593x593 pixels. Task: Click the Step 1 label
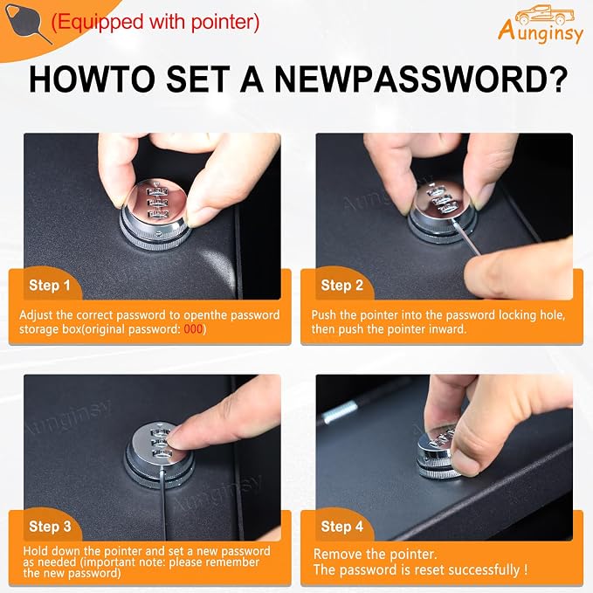[50, 286]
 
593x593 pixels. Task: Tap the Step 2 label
[341, 286]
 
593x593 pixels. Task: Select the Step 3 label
[50, 527]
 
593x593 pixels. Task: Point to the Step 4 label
[341, 527]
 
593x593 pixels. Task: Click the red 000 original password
[193, 329]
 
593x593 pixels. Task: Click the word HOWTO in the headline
[92, 79]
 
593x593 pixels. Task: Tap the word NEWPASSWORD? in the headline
[421, 79]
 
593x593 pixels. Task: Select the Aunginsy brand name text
[541, 31]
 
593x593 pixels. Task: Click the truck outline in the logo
[545, 15]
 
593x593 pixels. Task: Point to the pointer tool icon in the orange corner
[26, 24]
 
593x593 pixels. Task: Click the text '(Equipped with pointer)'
[155, 22]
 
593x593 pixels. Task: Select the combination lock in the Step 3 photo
[159, 455]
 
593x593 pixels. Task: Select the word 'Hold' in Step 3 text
[36, 550]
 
